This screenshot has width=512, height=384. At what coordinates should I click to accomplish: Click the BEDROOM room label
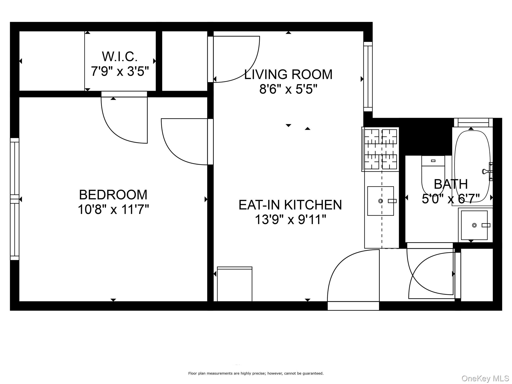[113, 195]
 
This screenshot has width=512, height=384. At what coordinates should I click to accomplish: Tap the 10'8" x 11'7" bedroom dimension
[113, 209]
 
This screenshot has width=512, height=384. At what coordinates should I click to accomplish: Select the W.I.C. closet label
[120, 57]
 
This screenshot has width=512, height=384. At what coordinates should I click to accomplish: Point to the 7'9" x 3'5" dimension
[120, 71]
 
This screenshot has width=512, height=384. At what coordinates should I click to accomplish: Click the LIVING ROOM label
[288, 74]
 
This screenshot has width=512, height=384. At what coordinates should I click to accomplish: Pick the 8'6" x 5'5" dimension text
[288, 89]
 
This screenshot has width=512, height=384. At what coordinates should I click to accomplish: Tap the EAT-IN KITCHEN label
[290, 205]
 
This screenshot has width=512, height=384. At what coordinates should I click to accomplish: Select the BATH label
[451, 184]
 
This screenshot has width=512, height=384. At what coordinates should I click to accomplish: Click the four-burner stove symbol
[380, 149]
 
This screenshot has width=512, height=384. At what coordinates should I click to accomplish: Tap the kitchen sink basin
[380, 201]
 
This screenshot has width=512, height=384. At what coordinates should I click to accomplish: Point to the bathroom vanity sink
[474, 225]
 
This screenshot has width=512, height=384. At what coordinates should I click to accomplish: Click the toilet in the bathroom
[433, 175]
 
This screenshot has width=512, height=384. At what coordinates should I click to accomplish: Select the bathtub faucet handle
[485, 171]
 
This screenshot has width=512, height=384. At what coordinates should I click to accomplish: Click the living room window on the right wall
[368, 76]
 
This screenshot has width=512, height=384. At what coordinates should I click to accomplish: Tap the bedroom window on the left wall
[14, 199]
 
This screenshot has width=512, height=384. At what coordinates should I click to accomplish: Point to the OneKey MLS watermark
[485, 378]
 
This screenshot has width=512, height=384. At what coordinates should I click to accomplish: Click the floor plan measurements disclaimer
[256, 373]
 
